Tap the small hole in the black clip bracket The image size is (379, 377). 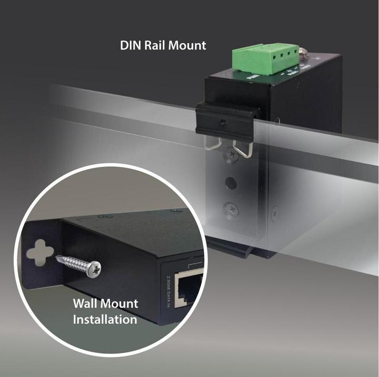pos(223,122)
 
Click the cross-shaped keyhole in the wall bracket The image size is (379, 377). pos(40,252)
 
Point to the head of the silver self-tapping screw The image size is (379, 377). pos(95,269)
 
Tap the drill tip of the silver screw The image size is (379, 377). pos(59,257)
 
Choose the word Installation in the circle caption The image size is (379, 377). pos(105,319)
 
